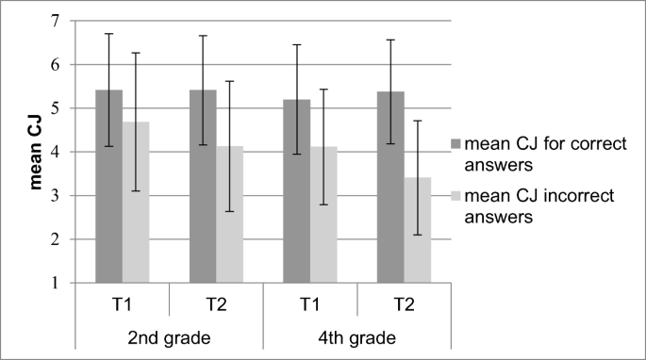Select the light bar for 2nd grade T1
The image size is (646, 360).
click(136, 202)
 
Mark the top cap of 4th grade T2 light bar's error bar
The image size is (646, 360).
click(417, 121)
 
